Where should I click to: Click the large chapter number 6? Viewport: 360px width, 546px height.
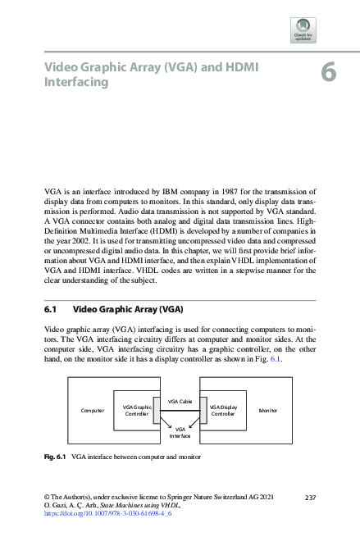click(x=328, y=73)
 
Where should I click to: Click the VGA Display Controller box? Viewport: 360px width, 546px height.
click(x=222, y=410)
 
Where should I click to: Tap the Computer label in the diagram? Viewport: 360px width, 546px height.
click(x=92, y=410)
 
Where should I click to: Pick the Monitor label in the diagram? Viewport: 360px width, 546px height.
click(x=268, y=410)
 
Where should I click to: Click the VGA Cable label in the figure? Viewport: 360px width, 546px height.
click(x=180, y=400)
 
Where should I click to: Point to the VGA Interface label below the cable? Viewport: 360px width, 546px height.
click(x=180, y=432)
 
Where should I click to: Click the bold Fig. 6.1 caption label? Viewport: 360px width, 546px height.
click(x=55, y=456)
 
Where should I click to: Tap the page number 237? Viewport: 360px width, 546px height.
click(x=310, y=498)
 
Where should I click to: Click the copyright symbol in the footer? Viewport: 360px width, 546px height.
click(x=47, y=498)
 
